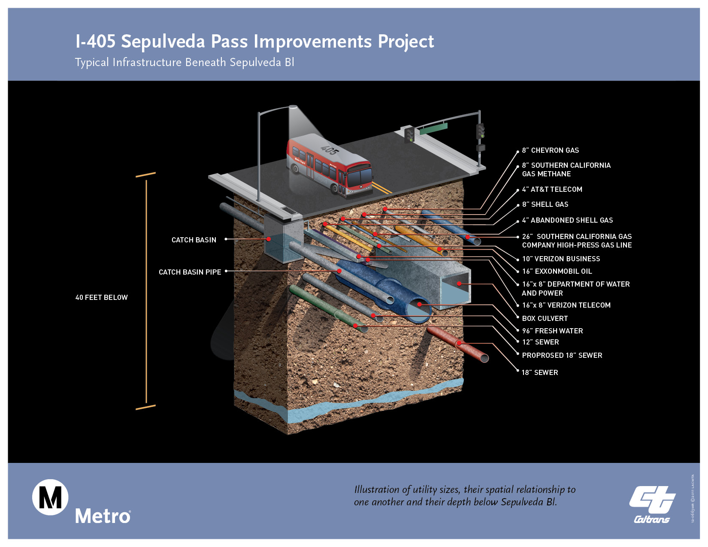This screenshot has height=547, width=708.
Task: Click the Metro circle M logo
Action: [x=50, y=497]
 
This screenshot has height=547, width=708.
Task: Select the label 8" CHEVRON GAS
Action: [x=550, y=150]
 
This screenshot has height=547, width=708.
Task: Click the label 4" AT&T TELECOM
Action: [x=552, y=189]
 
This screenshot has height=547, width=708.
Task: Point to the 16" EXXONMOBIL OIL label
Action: [x=557, y=271]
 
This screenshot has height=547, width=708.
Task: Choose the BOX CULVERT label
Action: [x=545, y=318]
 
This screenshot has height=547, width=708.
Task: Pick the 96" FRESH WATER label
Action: [x=552, y=331]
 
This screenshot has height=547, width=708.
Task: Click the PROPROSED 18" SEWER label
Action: [x=562, y=355]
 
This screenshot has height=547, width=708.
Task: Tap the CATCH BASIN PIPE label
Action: [x=190, y=272]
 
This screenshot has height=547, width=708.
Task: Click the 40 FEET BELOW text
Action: [x=102, y=297]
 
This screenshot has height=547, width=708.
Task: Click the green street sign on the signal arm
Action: [x=433, y=128]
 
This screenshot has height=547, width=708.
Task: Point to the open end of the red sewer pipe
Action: [x=484, y=358]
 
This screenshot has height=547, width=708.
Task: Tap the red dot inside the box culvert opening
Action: [x=459, y=284]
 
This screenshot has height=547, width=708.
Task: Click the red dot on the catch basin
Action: [x=269, y=239]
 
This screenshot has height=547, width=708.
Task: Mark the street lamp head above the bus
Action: [x=293, y=107]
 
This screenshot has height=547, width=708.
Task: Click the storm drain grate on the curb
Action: [x=289, y=211]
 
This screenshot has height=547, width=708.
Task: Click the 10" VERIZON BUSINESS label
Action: [x=561, y=259]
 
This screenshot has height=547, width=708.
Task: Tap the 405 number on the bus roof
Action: [x=330, y=150]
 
